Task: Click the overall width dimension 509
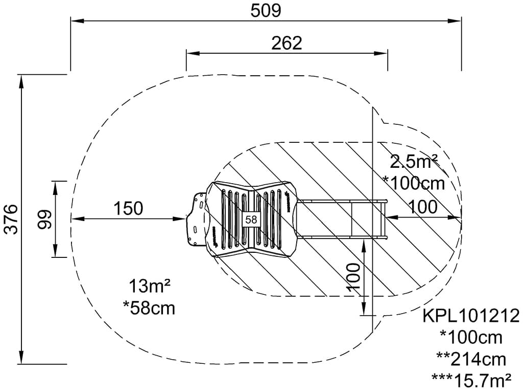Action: [x=266, y=10]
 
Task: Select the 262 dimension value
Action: [x=287, y=43]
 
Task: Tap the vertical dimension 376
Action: [x=11, y=219]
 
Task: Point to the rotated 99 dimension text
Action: [x=45, y=219]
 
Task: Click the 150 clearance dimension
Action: [x=128, y=208]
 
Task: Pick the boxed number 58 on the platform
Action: [x=251, y=220]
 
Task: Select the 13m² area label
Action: [x=149, y=287]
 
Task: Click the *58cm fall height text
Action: [x=149, y=308]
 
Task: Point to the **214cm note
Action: [x=471, y=359]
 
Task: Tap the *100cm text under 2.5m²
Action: [x=414, y=183]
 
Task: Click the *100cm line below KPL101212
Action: [x=471, y=337]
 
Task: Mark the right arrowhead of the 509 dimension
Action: [x=458, y=21]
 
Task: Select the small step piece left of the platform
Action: [x=197, y=220]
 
